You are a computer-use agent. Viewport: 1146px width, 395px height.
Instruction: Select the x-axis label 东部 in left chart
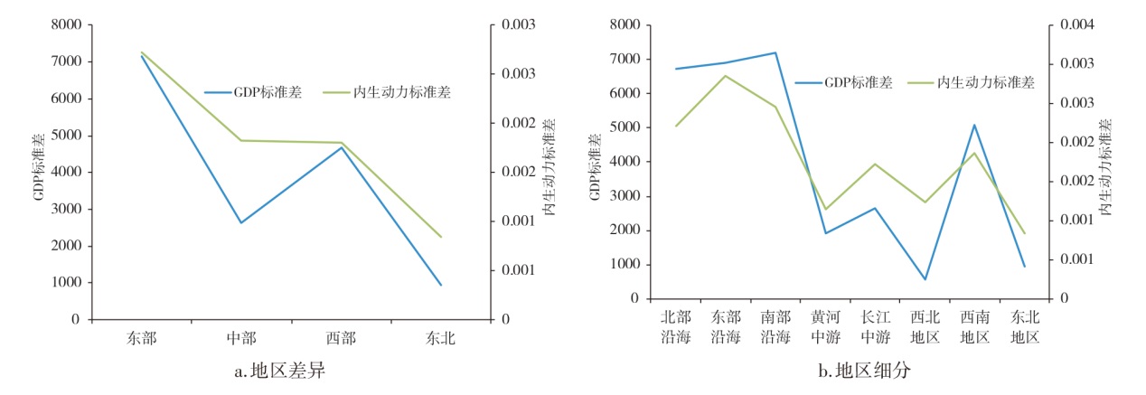click(142, 339)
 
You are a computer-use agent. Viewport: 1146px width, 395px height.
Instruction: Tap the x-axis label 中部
click(241, 339)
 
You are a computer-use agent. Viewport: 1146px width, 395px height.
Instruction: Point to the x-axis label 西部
click(341, 339)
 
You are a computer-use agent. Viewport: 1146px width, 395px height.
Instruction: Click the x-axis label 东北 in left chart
click(441, 339)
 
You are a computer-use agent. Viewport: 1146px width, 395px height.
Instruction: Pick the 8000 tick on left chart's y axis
click(64, 24)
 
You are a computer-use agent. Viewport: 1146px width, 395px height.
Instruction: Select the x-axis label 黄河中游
click(825, 326)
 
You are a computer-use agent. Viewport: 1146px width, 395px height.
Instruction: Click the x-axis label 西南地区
click(974, 326)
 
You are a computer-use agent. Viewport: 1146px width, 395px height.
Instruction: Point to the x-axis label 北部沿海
click(676, 326)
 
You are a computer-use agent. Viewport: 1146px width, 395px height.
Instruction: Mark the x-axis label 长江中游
click(875, 326)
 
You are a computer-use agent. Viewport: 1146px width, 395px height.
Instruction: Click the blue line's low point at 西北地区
click(925, 279)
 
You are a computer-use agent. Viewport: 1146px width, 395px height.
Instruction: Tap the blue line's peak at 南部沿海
click(775, 52)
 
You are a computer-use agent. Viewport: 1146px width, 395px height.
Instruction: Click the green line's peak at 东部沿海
click(726, 75)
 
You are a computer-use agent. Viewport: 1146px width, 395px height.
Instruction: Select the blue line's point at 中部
click(241, 222)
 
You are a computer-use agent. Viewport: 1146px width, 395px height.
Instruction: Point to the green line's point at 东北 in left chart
click(441, 237)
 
